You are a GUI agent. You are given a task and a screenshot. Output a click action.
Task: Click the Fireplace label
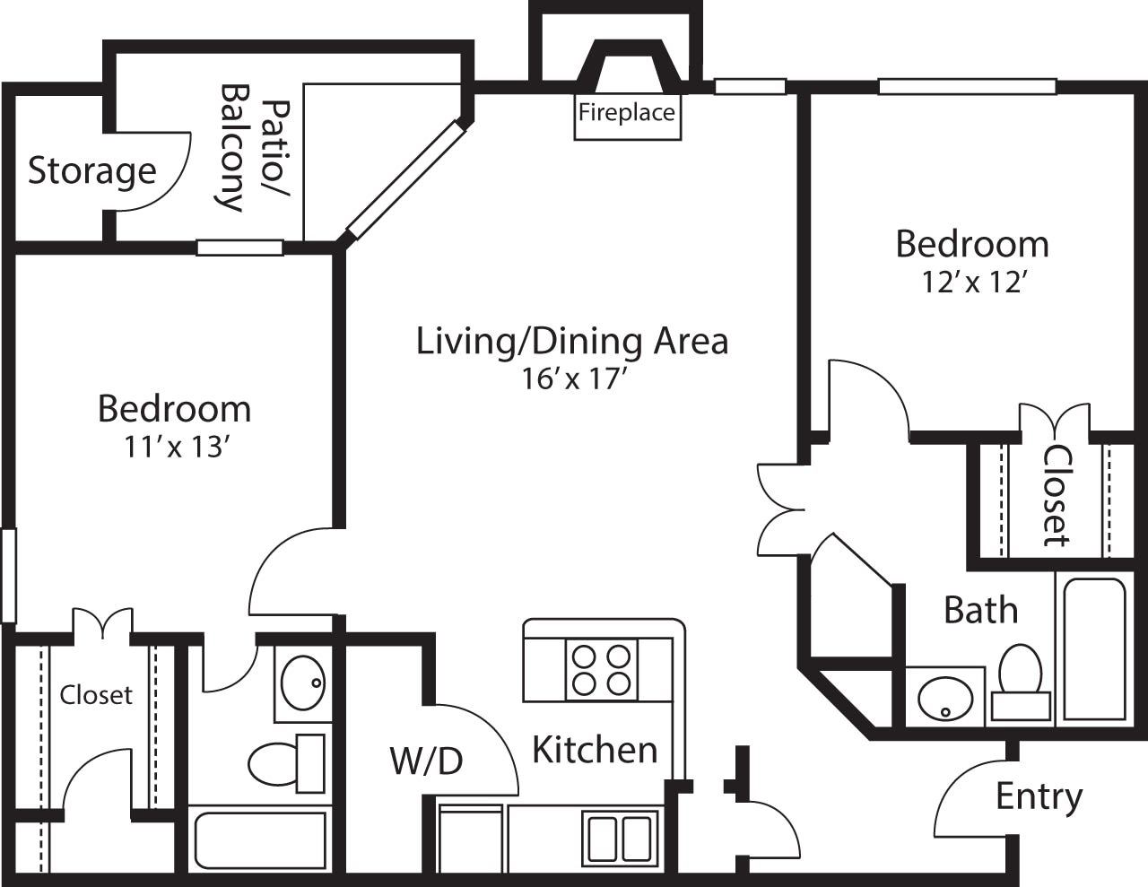tap(626, 113)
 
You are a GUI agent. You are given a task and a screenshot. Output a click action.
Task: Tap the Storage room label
tap(91, 170)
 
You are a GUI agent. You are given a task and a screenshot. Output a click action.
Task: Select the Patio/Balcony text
tap(254, 148)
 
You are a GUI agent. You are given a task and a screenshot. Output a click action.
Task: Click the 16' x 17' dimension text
tap(572, 379)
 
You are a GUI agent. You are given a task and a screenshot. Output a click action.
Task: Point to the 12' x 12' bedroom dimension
tap(973, 283)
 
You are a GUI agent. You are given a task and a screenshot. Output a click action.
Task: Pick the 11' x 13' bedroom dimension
tap(173, 447)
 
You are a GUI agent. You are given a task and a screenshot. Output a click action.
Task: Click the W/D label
tap(426, 761)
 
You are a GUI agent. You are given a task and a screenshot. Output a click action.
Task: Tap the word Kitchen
tap(595, 750)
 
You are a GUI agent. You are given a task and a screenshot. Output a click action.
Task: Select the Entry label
tap(1039, 796)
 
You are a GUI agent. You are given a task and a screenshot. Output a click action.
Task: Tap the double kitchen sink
tap(620, 836)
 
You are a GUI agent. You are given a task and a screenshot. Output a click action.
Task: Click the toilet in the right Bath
tap(1021, 682)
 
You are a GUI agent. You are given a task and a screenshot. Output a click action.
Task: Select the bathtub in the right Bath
tap(1091, 648)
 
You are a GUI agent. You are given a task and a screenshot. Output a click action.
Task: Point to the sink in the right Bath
tap(944, 696)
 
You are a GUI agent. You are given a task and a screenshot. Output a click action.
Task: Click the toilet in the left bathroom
tap(285, 762)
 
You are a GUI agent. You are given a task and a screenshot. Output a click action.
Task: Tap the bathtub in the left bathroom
tap(260, 840)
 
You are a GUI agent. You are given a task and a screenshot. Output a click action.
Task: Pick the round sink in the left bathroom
tap(302, 683)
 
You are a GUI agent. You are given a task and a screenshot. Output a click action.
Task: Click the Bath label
tap(980, 611)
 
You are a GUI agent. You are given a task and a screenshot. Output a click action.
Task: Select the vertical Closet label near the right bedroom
tap(1056, 496)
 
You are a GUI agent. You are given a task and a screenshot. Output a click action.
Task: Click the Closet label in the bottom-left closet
tap(96, 695)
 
